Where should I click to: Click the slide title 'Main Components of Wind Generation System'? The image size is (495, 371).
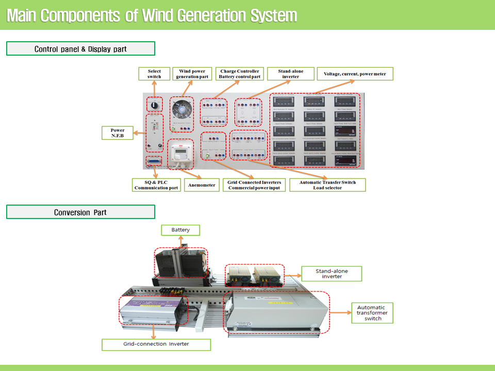(x=152, y=15)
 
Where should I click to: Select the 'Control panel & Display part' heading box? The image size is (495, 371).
(x=80, y=49)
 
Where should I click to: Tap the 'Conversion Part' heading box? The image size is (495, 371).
(x=80, y=212)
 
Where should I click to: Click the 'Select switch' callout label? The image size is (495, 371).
(x=154, y=74)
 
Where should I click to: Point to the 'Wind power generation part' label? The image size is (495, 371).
(x=192, y=74)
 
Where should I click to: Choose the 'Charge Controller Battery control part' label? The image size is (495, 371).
(x=240, y=74)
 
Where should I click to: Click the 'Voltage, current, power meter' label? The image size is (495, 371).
(x=355, y=74)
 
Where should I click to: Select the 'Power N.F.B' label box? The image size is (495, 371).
(x=117, y=133)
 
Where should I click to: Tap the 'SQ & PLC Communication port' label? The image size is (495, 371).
(x=156, y=185)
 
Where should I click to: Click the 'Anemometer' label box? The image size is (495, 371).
(x=202, y=185)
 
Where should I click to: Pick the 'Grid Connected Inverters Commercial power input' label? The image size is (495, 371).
(x=254, y=185)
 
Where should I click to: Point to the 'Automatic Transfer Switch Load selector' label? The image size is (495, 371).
(x=327, y=185)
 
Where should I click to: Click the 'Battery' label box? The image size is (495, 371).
(x=180, y=230)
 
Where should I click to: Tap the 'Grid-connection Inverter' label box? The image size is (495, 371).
(x=156, y=344)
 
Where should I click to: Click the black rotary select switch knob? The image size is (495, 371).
(x=154, y=105)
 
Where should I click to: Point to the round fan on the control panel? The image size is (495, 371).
(x=181, y=110)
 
